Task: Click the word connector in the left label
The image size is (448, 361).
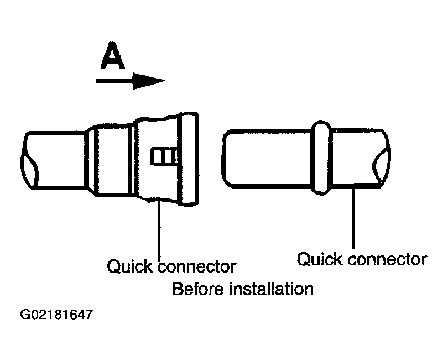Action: click(197, 266)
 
